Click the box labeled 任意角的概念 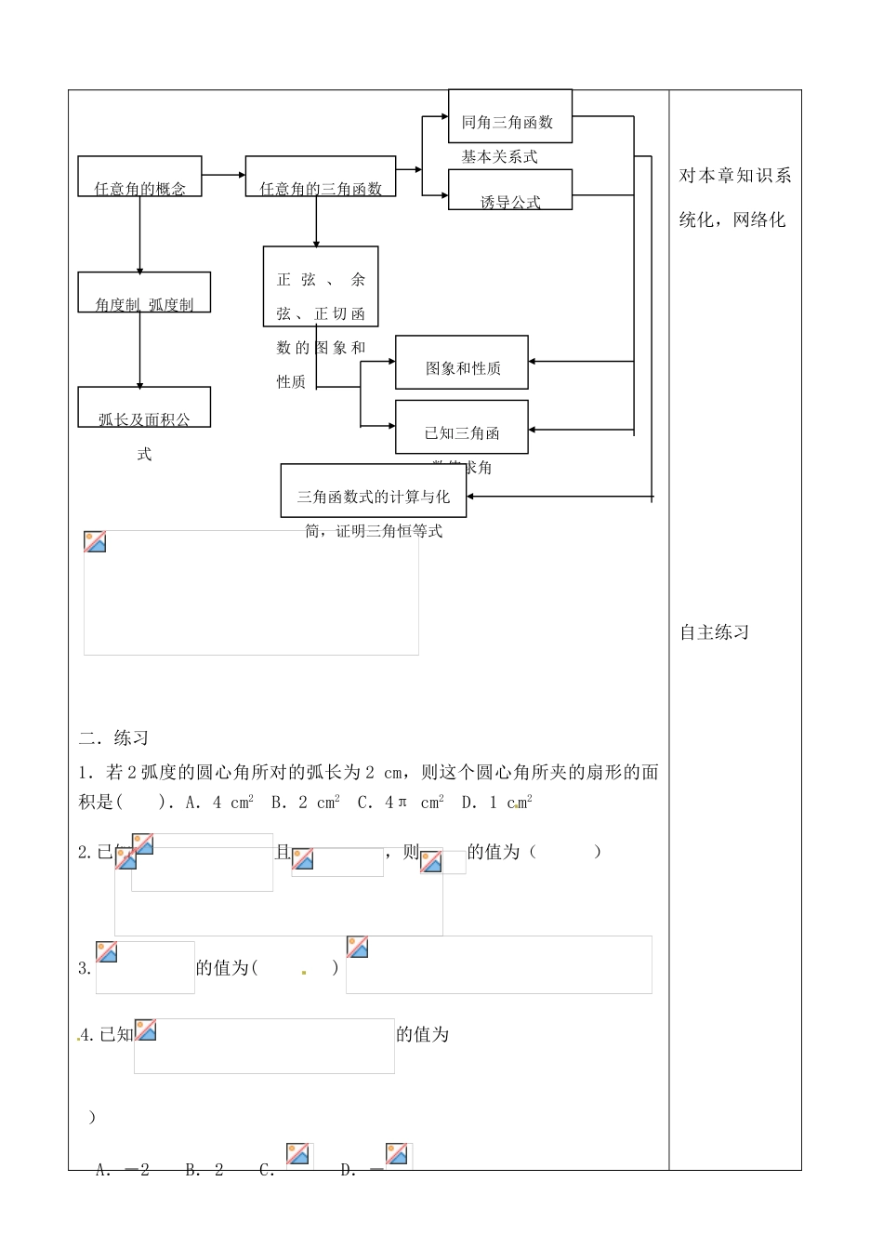(x=139, y=177)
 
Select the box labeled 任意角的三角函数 (x=321, y=177)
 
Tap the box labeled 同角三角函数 (x=509, y=116)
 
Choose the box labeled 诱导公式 (x=509, y=190)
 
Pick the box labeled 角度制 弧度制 (x=144, y=292)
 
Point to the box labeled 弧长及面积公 (x=144, y=407)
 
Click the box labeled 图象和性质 (x=462, y=363)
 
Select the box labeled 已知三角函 (x=462, y=427)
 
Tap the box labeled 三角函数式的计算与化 (x=373, y=490)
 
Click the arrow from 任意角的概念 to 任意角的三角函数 (x=223, y=174)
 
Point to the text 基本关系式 (x=499, y=157)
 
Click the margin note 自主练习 (x=714, y=632)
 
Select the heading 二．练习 (x=113, y=738)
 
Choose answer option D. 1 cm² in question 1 (x=496, y=803)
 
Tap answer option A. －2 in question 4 (x=123, y=1170)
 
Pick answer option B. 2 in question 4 (x=204, y=1170)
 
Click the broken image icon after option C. (x=298, y=1154)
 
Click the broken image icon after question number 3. (x=107, y=951)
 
